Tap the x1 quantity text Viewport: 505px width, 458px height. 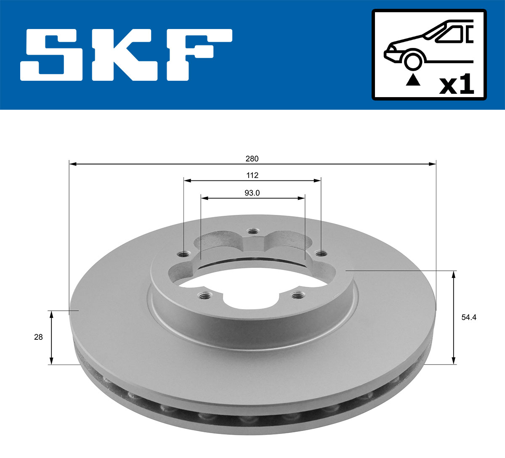click(x=456, y=85)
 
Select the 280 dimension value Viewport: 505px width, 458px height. click(x=252, y=159)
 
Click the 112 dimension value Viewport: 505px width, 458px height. click(x=252, y=175)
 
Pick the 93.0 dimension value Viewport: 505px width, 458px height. click(x=252, y=193)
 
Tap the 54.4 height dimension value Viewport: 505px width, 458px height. click(x=468, y=318)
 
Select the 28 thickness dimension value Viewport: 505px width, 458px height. click(x=38, y=337)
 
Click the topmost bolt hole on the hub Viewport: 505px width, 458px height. click(x=252, y=231)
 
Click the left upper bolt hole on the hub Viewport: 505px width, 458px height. click(x=183, y=254)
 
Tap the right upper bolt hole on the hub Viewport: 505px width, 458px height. click(x=321, y=254)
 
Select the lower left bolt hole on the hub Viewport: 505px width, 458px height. click(x=205, y=296)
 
